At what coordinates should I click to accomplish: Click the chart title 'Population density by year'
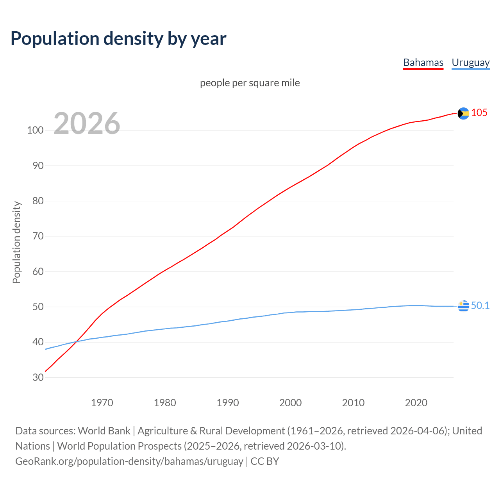pyautogui.click(x=118, y=38)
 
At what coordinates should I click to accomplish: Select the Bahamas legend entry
pyautogui.click(x=423, y=62)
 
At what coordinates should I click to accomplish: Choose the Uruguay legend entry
pyautogui.click(x=470, y=62)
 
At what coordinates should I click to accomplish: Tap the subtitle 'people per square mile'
pyautogui.click(x=250, y=83)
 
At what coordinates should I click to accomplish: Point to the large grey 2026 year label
pyautogui.click(x=87, y=123)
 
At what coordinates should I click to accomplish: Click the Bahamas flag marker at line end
pyautogui.click(x=463, y=113)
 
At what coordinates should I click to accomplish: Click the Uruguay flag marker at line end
pyautogui.click(x=463, y=306)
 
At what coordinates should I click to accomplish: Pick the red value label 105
pyautogui.click(x=479, y=113)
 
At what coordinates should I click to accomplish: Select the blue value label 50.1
pyautogui.click(x=480, y=305)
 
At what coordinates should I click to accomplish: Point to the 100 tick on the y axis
pyautogui.click(x=35, y=130)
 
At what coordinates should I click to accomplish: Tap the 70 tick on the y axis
pyautogui.click(x=38, y=236)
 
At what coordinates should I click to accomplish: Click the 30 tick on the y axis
pyautogui.click(x=38, y=377)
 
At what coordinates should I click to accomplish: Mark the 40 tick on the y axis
pyautogui.click(x=38, y=342)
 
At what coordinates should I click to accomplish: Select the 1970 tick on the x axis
pyautogui.click(x=102, y=403)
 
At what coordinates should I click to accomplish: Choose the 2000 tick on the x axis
pyautogui.click(x=290, y=403)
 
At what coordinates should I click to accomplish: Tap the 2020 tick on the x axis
pyautogui.click(x=416, y=403)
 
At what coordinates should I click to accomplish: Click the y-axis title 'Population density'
pyautogui.click(x=16, y=242)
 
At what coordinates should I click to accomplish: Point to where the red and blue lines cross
pyautogui.click(x=76, y=342)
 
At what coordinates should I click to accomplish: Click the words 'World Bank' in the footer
pyautogui.click(x=104, y=431)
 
